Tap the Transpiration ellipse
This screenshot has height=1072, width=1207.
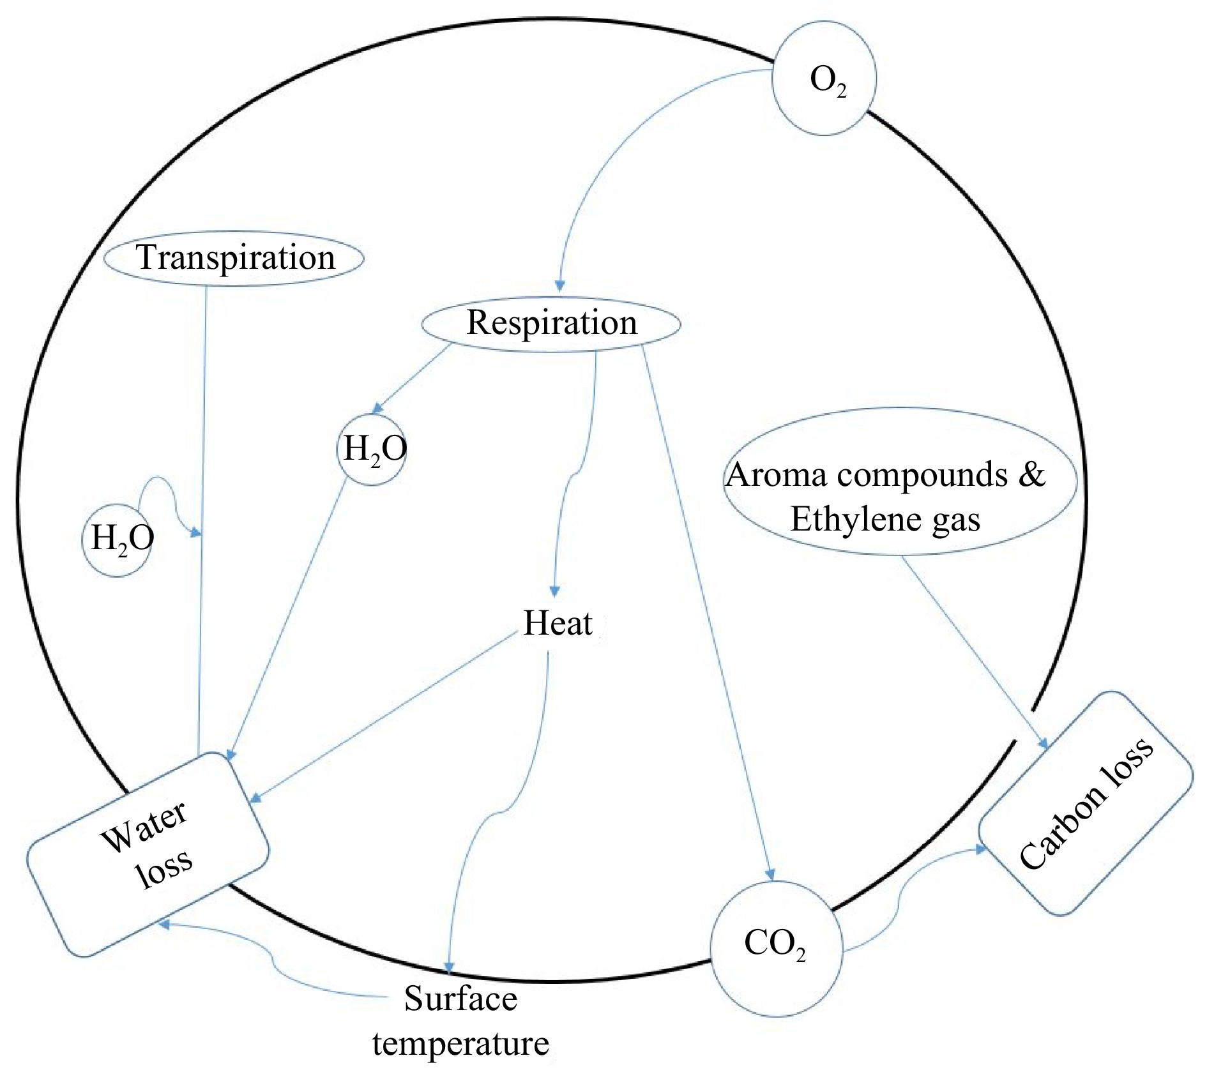(234, 258)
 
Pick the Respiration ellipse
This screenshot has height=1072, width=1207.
(551, 323)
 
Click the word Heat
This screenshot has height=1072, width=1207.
(558, 623)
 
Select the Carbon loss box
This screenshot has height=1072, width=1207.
(1086, 803)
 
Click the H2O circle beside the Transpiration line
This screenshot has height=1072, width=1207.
(119, 540)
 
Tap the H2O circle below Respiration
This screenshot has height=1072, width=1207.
(372, 449)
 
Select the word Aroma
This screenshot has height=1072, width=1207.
(777, 475)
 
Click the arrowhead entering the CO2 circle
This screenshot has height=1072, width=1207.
(771, 874)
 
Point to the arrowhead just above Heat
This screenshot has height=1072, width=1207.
(555, 590)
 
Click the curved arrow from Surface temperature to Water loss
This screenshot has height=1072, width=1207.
(275, 958)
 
